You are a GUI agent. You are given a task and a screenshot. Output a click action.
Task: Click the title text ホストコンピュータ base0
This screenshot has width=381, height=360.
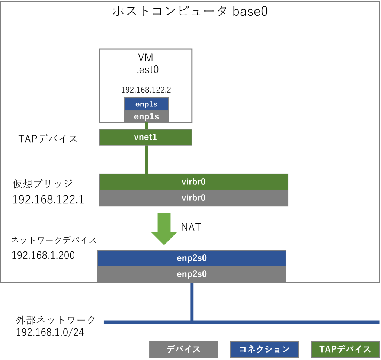[x=190, y=12]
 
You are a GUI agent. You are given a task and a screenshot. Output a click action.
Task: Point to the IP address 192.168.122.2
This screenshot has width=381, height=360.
[x=146, y=90]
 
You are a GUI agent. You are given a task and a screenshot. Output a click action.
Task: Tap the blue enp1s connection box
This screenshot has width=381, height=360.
[x=146, y=105]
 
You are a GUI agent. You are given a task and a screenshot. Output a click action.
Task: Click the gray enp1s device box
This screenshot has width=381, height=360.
[x=146, y=117]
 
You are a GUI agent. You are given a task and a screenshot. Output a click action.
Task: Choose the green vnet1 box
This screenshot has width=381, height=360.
[x=145, y=137]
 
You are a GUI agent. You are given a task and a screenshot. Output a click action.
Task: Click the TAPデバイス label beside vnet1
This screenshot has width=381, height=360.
[x=48, y=139]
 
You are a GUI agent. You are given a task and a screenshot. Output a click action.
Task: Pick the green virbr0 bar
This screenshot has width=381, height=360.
[x=193, y=182]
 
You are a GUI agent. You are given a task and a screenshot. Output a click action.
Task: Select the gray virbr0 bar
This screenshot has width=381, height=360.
[x=193, y=198]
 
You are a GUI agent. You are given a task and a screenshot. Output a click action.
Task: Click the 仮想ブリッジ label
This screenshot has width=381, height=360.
[x=42, y=184]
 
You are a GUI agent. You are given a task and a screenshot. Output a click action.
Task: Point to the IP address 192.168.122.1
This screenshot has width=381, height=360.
[x=48, y=200]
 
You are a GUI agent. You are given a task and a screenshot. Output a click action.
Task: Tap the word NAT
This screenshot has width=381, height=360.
[x=191, y=227]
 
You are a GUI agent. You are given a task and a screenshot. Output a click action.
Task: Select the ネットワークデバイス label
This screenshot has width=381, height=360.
[x=54, y=240]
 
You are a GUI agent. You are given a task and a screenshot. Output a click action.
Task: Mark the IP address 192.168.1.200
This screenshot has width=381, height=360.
[x=43, y=256]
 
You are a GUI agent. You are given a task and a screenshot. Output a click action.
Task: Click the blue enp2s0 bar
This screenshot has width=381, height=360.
[x=192, y=258]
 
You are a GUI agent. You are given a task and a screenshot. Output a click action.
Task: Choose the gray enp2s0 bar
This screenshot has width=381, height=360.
[x=192, y=274]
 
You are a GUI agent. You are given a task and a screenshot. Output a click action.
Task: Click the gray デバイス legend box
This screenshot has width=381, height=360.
[x=183, y=350]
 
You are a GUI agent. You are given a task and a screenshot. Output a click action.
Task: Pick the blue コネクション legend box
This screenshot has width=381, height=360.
[x=264, y=350]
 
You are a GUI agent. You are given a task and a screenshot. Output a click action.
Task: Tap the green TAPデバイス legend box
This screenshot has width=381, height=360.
[x=345, y=350]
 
